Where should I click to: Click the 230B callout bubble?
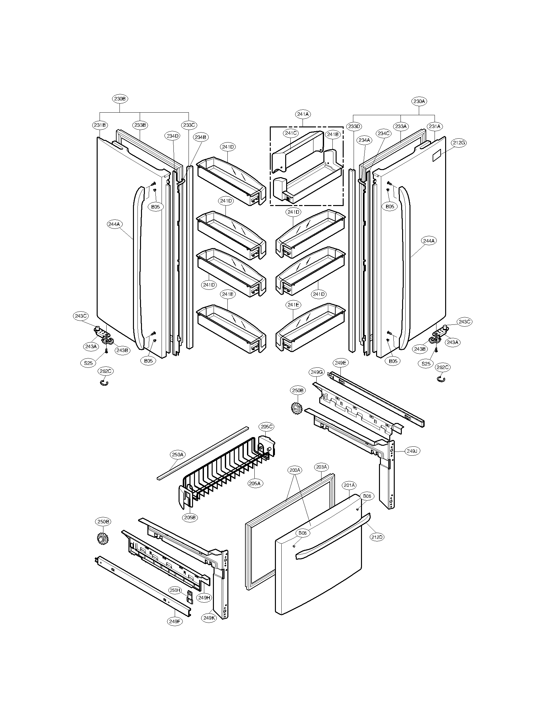click(120, 99)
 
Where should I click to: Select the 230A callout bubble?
click(419, 101)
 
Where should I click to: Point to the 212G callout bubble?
click(459, 142)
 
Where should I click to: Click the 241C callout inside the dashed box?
click(291, 133)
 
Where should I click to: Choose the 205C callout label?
click(267, 427)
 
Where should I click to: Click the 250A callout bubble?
click(178, 454)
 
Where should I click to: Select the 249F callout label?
click(175, 621)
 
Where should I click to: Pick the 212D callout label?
click(377, 537)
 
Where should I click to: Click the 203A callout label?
click(321, 467)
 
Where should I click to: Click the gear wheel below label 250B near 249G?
click(296, 409)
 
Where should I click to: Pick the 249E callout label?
click(340, 363)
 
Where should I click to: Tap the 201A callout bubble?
click(349, 485)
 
